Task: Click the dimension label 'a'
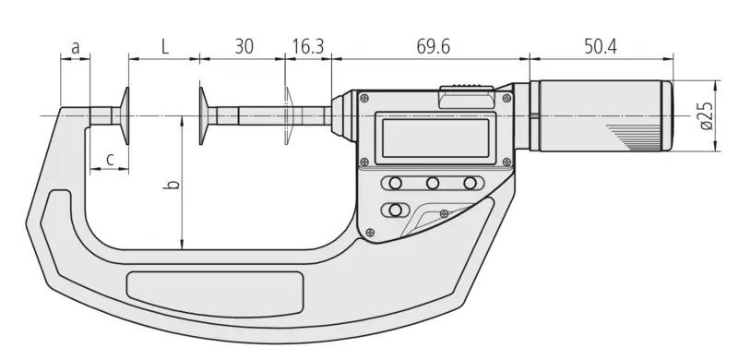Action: coord(76,48)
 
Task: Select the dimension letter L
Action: coord(164,47)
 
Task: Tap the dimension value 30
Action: coord(244,47)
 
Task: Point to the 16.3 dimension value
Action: coord(308,47)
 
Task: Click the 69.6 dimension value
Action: coord(433,47)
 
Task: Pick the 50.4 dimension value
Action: coord(601,47)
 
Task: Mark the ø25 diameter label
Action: coord(708,115)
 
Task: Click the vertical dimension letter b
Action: coord(173,184)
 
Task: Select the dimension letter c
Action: coord(110,160)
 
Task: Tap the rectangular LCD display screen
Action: coord(435,138)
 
